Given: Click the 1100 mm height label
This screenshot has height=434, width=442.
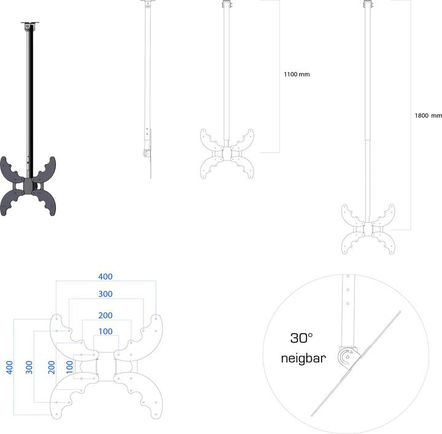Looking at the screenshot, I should [297, 74].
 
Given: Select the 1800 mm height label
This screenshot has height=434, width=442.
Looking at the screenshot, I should [428, 115].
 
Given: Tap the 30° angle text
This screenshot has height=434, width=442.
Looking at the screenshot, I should [301, 338].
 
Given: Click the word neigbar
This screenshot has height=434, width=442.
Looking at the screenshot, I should [303, 358].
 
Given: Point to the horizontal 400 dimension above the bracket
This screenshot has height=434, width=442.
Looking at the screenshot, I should [106, 277].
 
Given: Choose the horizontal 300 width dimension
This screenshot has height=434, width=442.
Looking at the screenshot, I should [106, 294].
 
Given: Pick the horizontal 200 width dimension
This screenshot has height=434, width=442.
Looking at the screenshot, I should [106, 315].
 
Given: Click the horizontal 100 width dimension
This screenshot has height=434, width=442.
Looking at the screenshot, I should [106, 331].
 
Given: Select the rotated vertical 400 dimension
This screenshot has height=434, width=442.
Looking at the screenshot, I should [9, 367].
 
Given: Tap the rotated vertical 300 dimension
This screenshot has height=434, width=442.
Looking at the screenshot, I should [29, 367].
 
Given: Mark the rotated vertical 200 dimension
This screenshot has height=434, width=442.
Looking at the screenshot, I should [52, 367].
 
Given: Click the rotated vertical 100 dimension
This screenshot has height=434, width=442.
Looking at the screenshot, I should [69, 367].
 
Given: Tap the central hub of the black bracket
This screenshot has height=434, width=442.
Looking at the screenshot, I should [29, 186].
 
